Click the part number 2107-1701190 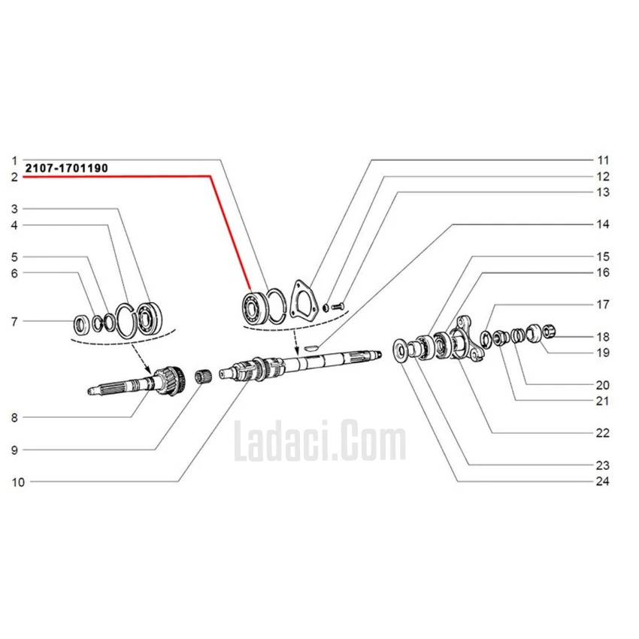click(x=67, y=168)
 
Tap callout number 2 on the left click(x=15, y=177)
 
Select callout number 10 click(x=18, y=482)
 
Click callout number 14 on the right click(x=603, y=224)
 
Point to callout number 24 click(x=603, y=481)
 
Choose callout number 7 click(x=15, y=322)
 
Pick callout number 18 click(x=603, y=337)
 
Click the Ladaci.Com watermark click(x=320, y=441)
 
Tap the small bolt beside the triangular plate click(x=338, y=305)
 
